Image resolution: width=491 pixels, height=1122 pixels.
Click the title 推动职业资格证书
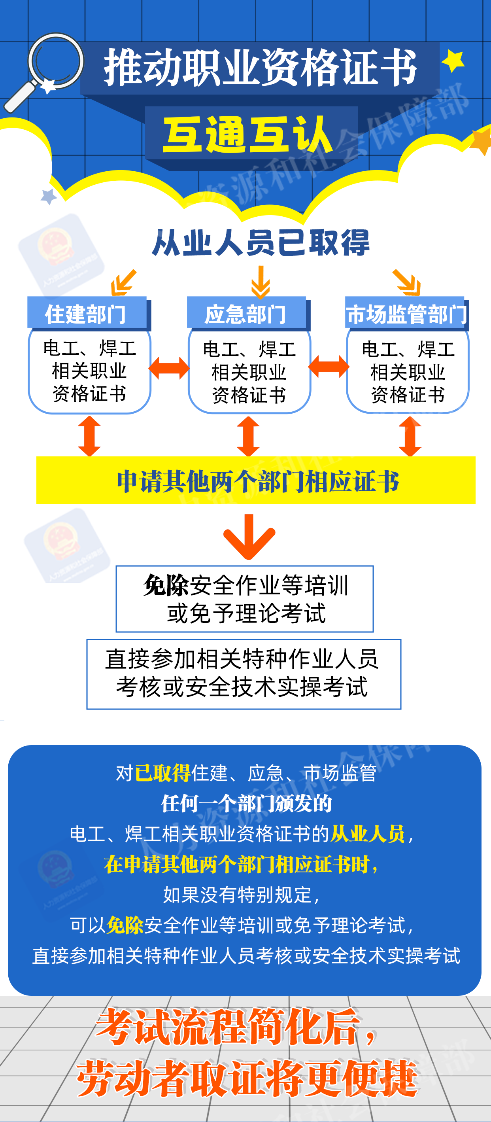tap(260, 68)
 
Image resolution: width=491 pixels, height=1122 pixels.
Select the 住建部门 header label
tap(86, 314)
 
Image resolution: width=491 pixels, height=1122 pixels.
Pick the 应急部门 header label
tap(246, 314)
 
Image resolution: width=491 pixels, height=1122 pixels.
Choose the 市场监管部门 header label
tap(406, 314)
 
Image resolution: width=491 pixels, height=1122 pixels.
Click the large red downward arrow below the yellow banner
tap(249, 537)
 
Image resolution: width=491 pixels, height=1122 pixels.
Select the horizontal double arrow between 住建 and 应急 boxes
tap(169, 368)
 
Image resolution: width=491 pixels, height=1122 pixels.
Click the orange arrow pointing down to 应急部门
tap(260, 282)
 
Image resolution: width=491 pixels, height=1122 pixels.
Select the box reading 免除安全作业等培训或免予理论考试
tap(245, 598)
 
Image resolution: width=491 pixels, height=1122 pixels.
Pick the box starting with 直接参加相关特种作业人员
tap(244, 674)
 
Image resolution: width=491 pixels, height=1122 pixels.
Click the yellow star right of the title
tap(453, 61)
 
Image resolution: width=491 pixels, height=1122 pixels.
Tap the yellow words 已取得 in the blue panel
tap(163, 773)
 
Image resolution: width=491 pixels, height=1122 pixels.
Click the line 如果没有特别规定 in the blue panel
tap(242, 895)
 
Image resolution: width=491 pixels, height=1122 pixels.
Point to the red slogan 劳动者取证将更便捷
tap(247, 1079)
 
